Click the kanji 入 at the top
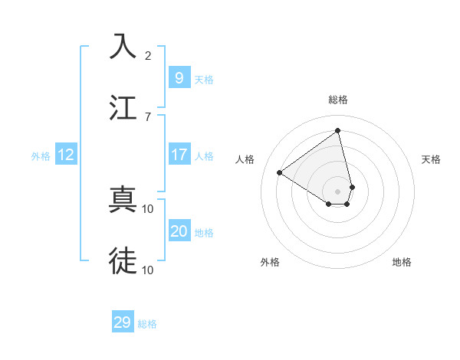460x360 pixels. point(123,46)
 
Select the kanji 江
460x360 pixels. point(123,106)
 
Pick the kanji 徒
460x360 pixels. point(123,260)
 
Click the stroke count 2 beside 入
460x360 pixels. point(148,55)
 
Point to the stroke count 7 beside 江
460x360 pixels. point(148,116)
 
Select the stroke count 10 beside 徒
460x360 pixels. point(148,270)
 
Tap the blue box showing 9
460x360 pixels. point(179,77)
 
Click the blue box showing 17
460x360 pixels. point(179,155)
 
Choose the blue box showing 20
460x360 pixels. point(179,231)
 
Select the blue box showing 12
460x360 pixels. point(65,155)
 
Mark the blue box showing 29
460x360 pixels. point(123,322)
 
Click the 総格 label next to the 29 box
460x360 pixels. point(147,324)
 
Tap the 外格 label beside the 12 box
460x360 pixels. point(41,156)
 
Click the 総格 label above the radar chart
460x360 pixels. point(338,100)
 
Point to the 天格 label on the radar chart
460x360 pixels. point(431,159)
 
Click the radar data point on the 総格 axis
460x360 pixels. point(338,130)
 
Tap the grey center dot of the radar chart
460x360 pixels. point(338,191)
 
